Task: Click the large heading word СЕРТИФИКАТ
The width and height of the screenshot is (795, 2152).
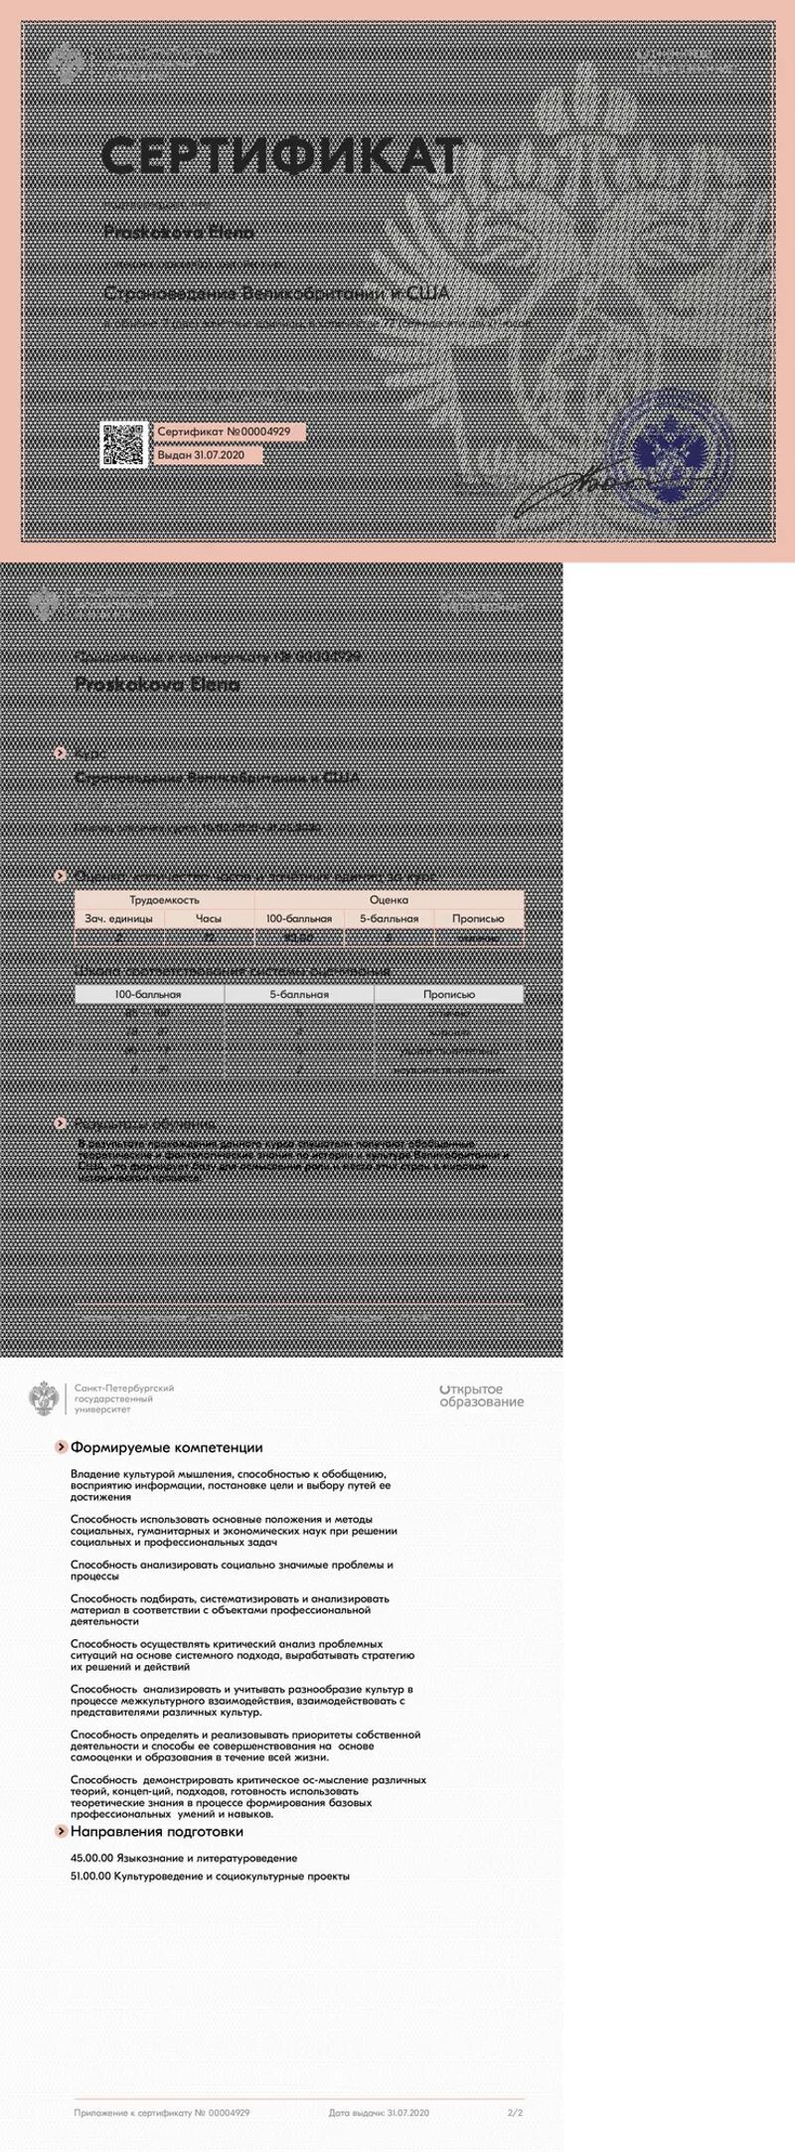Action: pyautogui.click(x=283, y=157)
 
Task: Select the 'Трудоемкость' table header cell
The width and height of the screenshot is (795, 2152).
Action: pyautogui.click(x=164, y=900)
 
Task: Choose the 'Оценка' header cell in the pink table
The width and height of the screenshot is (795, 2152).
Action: pyautogui.click(x=389, y=900)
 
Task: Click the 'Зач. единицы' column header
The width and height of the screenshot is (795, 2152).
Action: pyautogui.click(x=118, y=918)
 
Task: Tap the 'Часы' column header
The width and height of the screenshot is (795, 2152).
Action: pyautogui.click(x=209, y=918)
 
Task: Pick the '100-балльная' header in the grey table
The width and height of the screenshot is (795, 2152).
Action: pyautogui.click(x=149, y=994)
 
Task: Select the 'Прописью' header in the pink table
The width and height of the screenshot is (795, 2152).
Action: pyautogui.click(x=478, y=918)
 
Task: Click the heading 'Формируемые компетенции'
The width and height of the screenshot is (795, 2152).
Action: pyautogui.click(x=167, y=1447)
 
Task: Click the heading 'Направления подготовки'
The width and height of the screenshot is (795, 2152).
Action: pyautogui.click(x=157, y=1831)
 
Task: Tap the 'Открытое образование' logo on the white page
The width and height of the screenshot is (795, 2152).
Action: pyautogui.click(x=481, y=1397)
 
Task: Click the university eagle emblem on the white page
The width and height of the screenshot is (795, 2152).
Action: pyautogui.click(x=43, y=1398)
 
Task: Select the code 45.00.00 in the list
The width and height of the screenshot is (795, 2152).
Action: pyautogui.click(x=90, y=1857)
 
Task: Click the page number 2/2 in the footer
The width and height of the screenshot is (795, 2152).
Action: pyautogui.click(x=515, y=2112)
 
